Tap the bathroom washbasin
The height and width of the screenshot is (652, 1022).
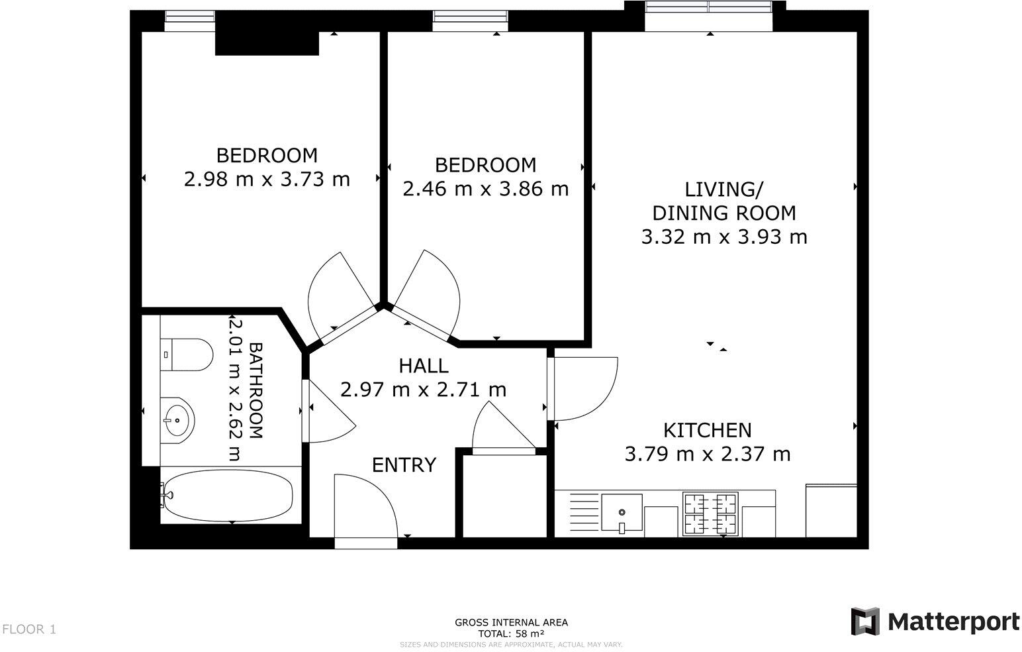(177, 419)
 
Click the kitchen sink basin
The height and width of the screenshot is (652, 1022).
(622, 513)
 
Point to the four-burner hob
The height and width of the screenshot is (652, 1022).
(710, 514)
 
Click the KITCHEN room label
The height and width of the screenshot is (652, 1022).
(707, 430)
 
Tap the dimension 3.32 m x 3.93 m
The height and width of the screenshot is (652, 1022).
(724, 237)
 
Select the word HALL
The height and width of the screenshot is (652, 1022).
(423, 365)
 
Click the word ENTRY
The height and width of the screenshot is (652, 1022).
(404, 464)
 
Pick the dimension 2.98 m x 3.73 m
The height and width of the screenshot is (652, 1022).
(267, 179)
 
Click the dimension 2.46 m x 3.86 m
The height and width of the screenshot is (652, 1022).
(485, 188)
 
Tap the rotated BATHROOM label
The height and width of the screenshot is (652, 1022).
(255, 390)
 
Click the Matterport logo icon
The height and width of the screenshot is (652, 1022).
(864, 622)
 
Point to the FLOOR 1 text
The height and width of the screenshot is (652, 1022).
(30, 629)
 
